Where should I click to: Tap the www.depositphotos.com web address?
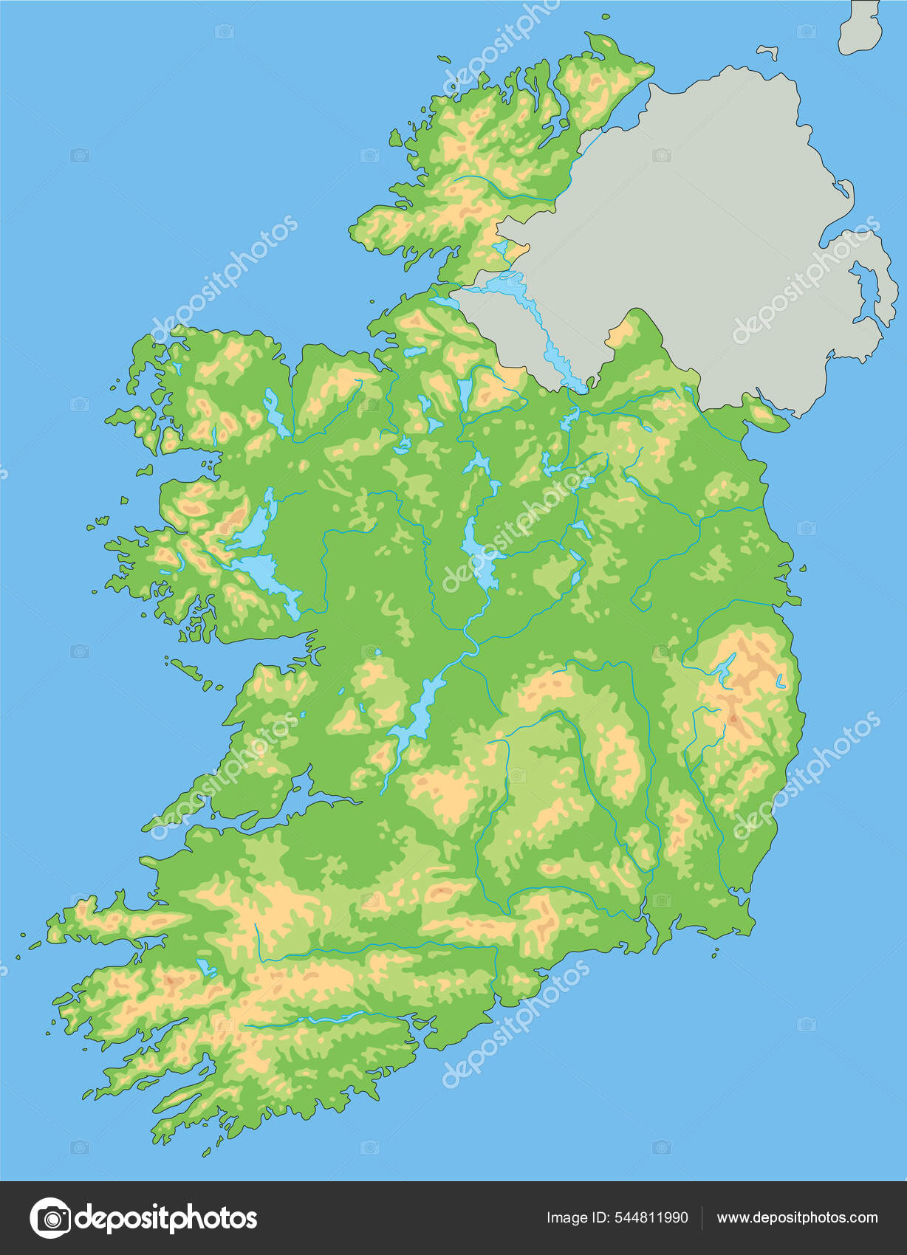click(x=797, y=1217)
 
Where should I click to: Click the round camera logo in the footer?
click(x=50, y=1217)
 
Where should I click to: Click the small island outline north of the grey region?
click(x=769, y=52)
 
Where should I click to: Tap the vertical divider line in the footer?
click(x=701, y=1217)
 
